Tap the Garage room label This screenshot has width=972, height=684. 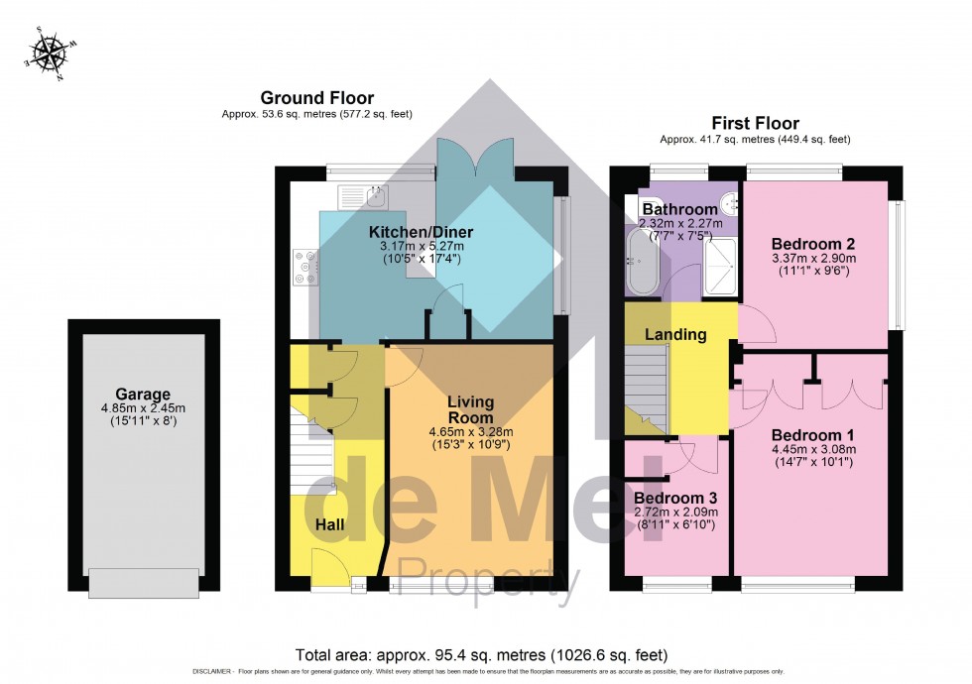coord(143,394)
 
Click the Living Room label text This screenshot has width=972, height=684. coord(470,410)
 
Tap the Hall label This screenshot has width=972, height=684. coord(330,523)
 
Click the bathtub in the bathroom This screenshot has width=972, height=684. coord(640,260)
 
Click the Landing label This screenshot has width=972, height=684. coord(675,334)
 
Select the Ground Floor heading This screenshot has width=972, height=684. coord(316,97)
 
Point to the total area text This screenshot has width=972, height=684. coord(481,655)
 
